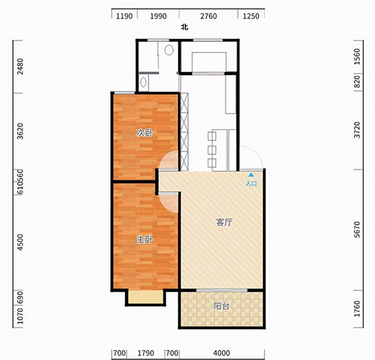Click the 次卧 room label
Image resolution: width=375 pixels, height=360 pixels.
pos(144,133)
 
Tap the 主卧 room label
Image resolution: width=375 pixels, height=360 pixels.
pos(144,240)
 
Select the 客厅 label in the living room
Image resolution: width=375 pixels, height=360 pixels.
pos(224,222)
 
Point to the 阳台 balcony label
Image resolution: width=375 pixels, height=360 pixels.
pos(221,306)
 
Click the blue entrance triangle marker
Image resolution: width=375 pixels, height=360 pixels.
pos(251,175)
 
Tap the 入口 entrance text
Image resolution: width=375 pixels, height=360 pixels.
pos(251,183)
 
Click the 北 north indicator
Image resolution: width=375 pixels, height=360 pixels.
pos(185,27)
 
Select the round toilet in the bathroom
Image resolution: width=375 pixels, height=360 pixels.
pos(169,50)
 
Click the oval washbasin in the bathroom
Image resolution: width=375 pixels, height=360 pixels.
pos(144,82)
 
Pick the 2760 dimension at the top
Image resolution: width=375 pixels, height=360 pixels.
pos(208,16)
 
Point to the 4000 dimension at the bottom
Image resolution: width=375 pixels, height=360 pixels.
pos(221,353)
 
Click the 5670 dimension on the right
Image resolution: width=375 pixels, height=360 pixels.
pos(358,229)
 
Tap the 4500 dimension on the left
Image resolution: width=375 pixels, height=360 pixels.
pos(21,242)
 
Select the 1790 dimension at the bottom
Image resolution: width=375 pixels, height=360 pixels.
pos(146,353)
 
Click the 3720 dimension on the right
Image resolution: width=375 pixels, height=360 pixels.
pos(358,130)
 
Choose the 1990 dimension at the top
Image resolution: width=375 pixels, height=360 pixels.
pos(159,16)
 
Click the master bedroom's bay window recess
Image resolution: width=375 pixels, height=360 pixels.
pos(146,297)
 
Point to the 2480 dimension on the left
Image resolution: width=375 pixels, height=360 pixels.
pos(21,66)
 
